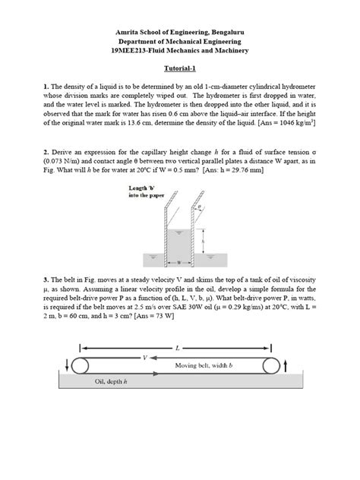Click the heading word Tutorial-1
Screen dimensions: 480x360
pos(180,68)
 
